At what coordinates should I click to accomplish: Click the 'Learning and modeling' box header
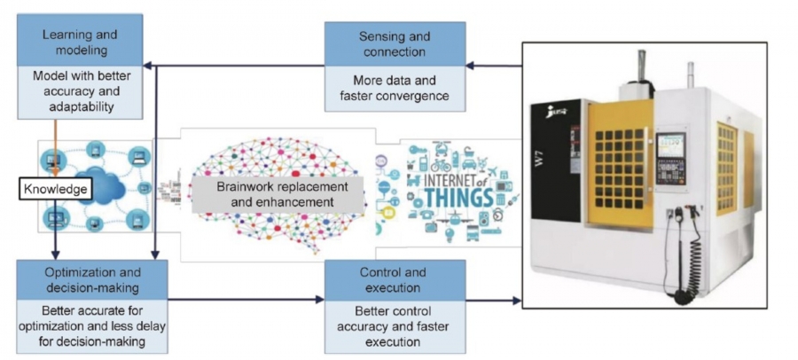80,42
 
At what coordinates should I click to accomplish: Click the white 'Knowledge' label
56,189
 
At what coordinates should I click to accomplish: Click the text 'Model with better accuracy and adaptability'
80,91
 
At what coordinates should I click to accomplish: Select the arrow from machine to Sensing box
493,65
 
